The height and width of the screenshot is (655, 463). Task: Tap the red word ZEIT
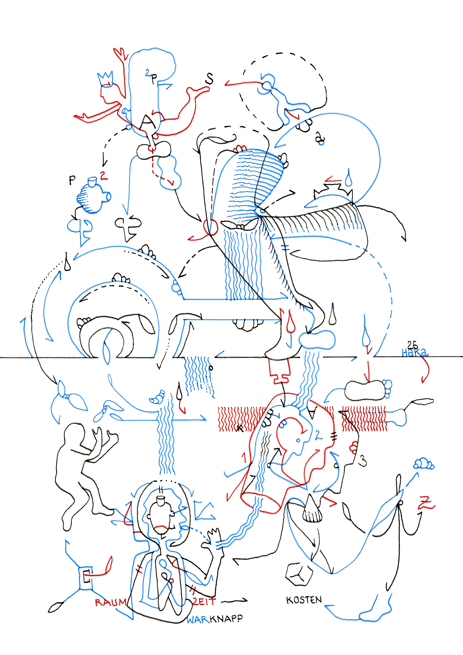205,601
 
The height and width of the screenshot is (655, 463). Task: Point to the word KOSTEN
304,600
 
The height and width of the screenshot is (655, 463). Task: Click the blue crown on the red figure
105,79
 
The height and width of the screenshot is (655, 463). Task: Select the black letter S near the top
209,79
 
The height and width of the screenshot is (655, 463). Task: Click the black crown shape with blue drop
332,191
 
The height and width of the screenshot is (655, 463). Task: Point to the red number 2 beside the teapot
103,176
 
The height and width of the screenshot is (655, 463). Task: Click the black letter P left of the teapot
72,180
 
